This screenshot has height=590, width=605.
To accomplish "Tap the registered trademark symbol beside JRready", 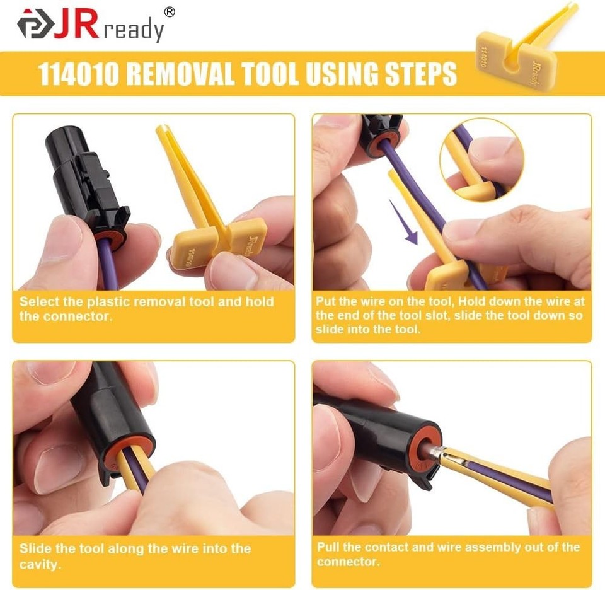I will pyautogui.click(x=169, y=12).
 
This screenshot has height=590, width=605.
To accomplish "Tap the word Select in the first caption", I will pyautogui.click(x=37, y=301).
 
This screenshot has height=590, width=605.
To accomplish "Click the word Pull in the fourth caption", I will pyautogui.click(x=328, y=547).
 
